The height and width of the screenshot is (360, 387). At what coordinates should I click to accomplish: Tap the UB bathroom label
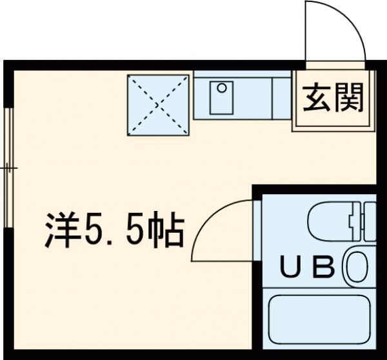point(306,266)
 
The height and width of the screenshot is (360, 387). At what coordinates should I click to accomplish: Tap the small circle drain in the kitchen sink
point(221,86)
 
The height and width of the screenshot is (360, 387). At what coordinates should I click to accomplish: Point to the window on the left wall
point(8,168)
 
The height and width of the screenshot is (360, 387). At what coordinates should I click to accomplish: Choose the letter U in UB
point(290,266)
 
